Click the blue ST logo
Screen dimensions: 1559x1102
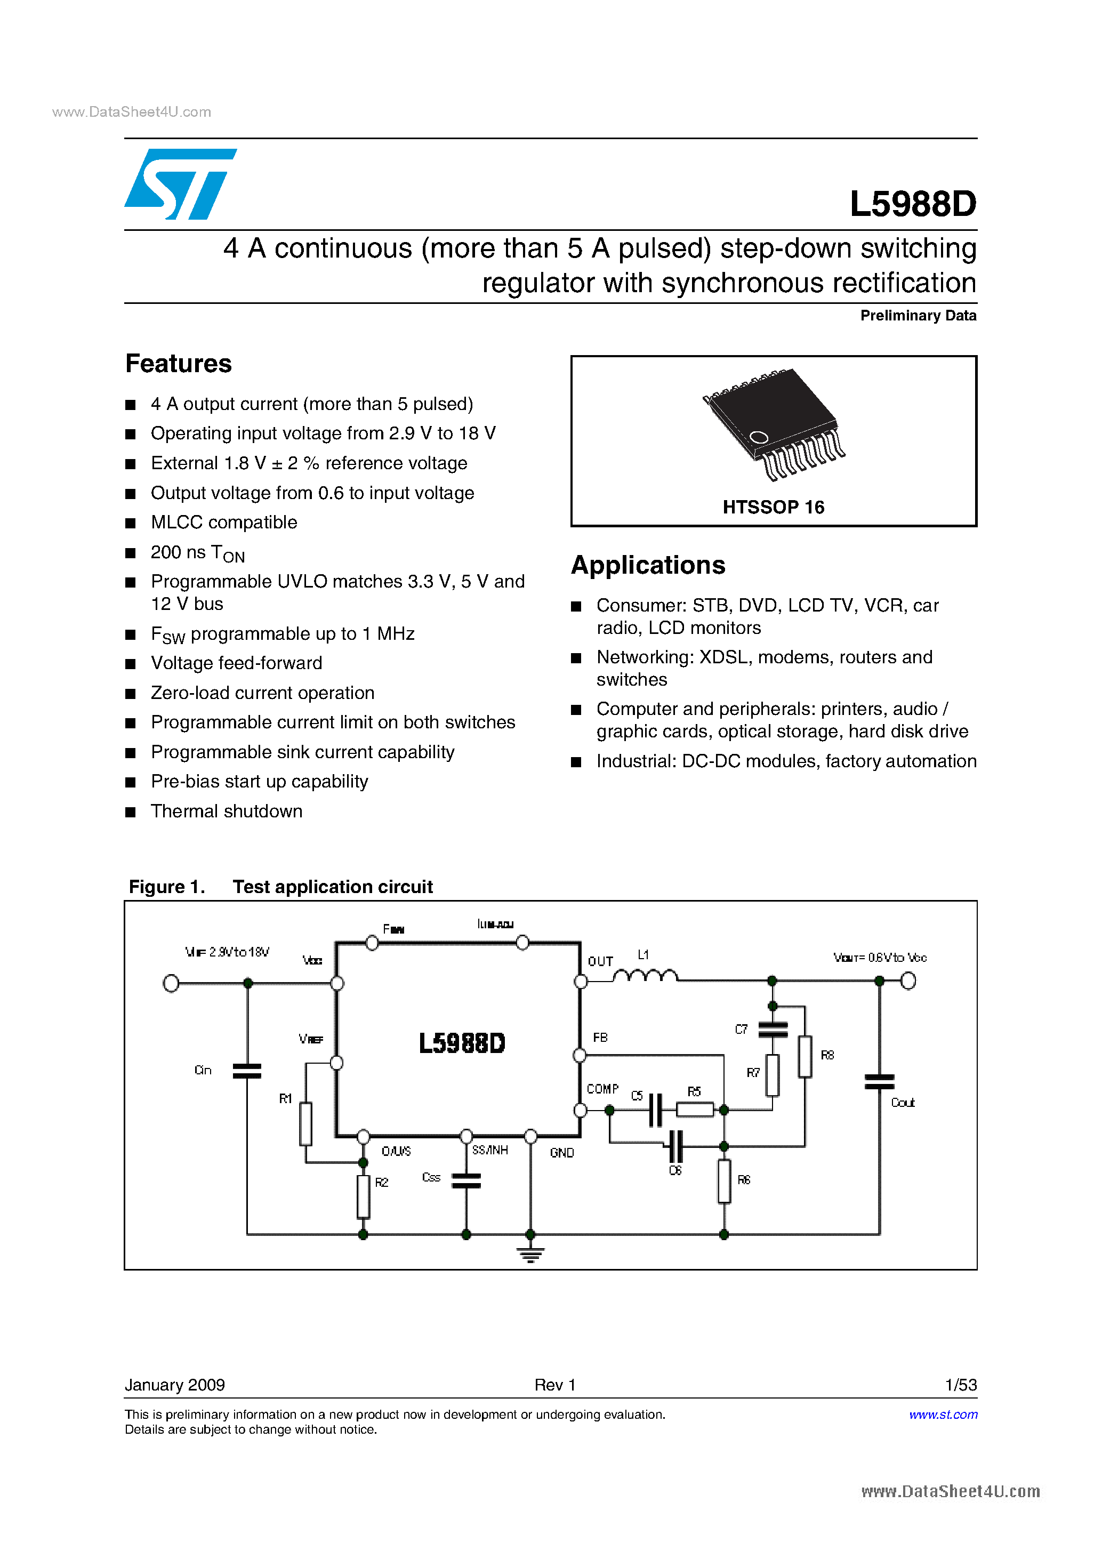(x=180, y=184)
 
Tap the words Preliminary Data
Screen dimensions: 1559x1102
(x=918, y=316)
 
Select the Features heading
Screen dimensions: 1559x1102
(x=179, y=364)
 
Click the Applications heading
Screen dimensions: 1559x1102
(x=648, y=565)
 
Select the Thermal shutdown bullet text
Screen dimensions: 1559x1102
(x=226, y=811)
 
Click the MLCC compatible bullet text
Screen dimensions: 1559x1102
(x=223, y=522)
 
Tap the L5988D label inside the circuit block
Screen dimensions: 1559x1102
(x=462, y=1043)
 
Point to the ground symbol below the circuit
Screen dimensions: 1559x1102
(x=530, y=1254)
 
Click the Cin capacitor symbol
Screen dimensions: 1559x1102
(x=247, y=1071)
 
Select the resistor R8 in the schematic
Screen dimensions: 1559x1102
(x=805, y=1056)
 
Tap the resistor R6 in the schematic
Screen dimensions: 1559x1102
(x=724, y=1181)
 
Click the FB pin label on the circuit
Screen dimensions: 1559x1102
(x=600, y=1038)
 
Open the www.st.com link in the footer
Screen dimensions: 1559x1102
(x=943, y=1415)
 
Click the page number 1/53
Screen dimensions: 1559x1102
(x=960, y=1385)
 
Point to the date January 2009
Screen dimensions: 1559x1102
(x=174, y=1385)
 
